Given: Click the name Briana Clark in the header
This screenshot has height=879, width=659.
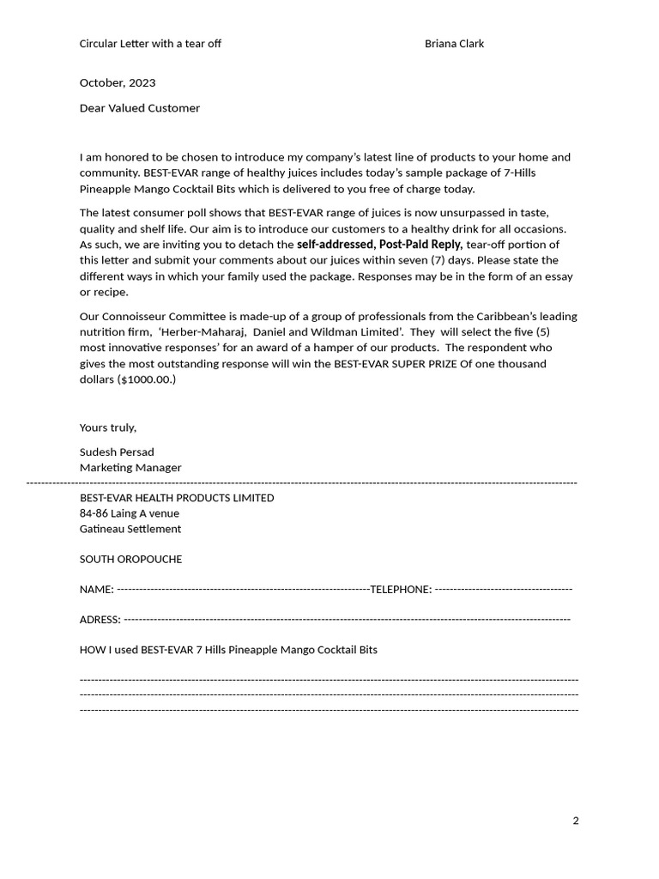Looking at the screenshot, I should coord(454,44).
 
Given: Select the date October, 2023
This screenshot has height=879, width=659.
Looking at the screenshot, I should coord(118,83).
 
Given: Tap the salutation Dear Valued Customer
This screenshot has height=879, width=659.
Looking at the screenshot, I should coord(140,108).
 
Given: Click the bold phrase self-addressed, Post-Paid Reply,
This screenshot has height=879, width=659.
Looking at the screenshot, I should coord(379,245).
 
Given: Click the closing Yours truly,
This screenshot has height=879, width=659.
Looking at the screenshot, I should coord(108,427).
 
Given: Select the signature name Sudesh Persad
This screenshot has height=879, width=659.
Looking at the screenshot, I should coord(117,452).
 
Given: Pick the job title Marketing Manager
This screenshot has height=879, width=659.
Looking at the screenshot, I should coord(130,468).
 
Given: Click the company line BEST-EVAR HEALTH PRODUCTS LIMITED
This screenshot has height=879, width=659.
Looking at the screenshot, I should coord(177,498).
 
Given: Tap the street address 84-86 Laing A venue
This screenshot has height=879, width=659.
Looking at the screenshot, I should coord(130,513).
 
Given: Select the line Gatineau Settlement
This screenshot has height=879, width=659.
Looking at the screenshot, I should coord(130,529).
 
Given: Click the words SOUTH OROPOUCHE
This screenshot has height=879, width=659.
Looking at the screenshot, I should coord(130,559).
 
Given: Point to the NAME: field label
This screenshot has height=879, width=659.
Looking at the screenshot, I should coord(96,590).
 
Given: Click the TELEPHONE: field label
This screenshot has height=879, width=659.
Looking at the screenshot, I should coord(401,590).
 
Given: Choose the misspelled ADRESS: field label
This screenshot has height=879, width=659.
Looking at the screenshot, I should coord(100,620).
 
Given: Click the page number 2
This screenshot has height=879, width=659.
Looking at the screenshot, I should coord(576,821).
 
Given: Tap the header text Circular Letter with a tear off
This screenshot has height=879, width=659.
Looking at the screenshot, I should coord(150,44).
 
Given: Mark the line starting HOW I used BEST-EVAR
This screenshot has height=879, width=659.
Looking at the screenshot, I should coord(228,650).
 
